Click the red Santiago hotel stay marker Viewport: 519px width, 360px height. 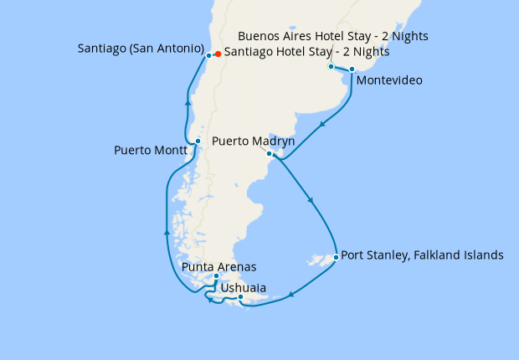[x=218, y=54]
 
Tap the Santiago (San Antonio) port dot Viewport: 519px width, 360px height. [x=208, y=55]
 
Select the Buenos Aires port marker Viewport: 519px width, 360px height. [x=331, y=66]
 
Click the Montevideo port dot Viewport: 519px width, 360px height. [x=352, y=69]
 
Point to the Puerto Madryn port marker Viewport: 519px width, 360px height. [x=269, y=154]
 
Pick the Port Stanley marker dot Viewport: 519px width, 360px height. [x=336, y=257]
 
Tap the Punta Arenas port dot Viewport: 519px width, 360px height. [x=216, y=276]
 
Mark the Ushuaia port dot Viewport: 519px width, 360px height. [x=240, y=297]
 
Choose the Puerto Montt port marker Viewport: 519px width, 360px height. [x=197, y=141]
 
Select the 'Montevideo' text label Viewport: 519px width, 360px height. [x=388, y=81]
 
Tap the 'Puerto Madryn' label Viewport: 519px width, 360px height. [x=253, y=141]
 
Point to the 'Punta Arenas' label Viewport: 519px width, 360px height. [x=218, y=266]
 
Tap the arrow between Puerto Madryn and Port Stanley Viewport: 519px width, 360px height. [x=311, y=201]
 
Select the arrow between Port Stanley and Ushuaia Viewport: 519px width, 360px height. [x=291, y=294]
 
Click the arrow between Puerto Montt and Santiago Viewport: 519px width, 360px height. [x=188, y=102]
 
